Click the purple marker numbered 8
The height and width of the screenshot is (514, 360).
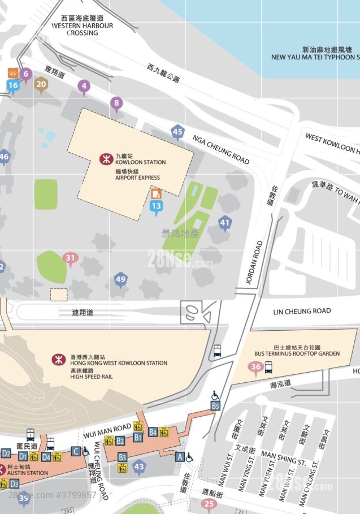[117, 103]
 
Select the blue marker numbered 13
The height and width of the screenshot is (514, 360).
[156, 206]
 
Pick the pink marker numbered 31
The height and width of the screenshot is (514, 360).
[70, 259]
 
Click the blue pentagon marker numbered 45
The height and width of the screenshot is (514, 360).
[178, 132]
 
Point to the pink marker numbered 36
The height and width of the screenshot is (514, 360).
[255, 368]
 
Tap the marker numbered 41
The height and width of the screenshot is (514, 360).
[225, 223]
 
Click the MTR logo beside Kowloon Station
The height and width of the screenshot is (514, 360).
[106, 159]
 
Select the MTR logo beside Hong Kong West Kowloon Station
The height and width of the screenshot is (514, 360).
[58, 360]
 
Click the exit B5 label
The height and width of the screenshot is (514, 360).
[215, 405]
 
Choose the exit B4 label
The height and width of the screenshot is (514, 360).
[153, 433]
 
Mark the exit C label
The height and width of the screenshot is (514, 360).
[76, 451]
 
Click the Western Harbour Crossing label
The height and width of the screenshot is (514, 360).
[83, 25]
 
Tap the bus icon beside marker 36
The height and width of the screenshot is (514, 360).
[269, 368]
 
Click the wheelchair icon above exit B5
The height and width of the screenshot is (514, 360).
[215, 395]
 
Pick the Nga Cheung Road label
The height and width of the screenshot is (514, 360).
[221, 149]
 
